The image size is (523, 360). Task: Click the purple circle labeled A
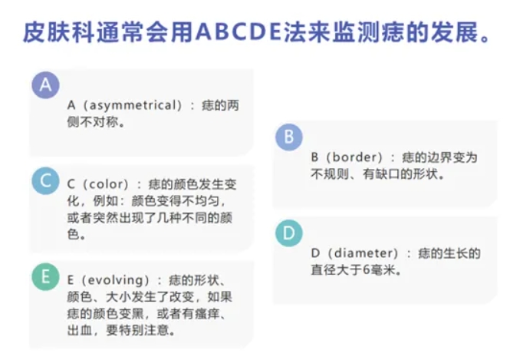pyautogui.click(x=45, y=84)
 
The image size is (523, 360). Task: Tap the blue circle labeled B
pyautogui.click(x=288, y=137)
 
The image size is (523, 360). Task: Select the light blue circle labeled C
pyautogui.click(x=45, y=181)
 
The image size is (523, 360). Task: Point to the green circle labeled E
pyautogui.click(x=45, y=277)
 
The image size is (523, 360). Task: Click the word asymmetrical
pyautogui.click(x=135, y=105)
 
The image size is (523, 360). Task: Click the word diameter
pyautogui.click(x=370, y=253)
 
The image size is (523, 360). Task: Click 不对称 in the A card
pyautogui.click(x=102, y=121)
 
